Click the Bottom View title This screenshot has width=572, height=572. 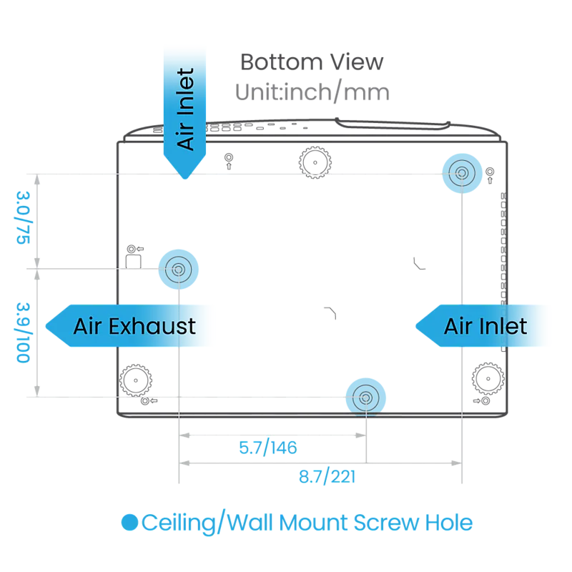(312, 62)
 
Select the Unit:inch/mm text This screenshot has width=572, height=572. (312, 92)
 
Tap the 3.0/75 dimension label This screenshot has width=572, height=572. (23, 218)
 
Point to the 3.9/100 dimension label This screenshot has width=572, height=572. (23, 332)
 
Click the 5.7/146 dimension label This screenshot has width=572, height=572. (268, 448)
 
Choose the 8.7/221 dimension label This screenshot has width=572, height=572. (327, 476)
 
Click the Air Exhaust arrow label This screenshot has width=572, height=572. (128, 326)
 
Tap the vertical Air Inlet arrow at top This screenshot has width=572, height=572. (184, 113)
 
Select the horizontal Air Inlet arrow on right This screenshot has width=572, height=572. (481, 326)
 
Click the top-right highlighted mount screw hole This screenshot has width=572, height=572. (462, 173)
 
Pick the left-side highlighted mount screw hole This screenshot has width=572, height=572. (178, 270)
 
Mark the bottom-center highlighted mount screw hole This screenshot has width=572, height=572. (365, 398)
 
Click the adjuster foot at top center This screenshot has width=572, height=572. (315, 163)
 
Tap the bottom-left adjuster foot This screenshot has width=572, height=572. (136, 380)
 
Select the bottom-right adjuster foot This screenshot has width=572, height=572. (488, 379)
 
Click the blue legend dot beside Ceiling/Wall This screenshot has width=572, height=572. (129, 523)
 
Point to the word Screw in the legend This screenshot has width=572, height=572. (386, 523)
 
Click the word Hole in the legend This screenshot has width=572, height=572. (449, 523)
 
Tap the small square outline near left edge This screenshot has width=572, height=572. (134, 262)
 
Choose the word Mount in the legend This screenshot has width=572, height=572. (313, 523)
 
